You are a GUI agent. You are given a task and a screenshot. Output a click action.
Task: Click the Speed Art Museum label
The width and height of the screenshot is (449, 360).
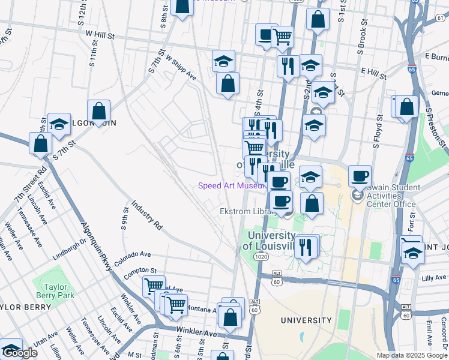[x=231, y=186]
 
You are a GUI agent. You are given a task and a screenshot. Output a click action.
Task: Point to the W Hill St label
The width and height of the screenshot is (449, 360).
[x=100, y=36]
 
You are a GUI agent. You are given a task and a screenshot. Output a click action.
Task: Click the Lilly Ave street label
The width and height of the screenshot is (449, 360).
[x=435, y=278]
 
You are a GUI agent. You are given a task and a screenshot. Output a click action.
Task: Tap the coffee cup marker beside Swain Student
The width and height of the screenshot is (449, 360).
[x=360, y=176]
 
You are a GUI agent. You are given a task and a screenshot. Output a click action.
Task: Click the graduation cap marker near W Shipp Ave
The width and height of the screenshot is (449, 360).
[x=223, y=60]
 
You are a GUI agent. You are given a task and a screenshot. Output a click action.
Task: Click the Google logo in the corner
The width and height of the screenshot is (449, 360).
[x=19, y=353]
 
